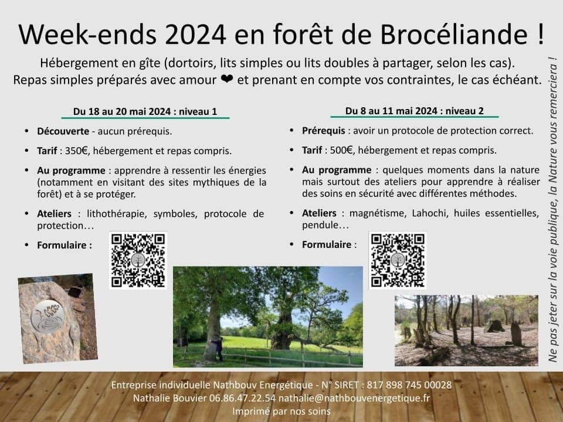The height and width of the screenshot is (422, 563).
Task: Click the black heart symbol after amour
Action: click(x=227, y=79)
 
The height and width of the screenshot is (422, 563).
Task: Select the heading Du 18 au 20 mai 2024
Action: click(x=122, y=111)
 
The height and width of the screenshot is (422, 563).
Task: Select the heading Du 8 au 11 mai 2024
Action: click(x=391, y=111)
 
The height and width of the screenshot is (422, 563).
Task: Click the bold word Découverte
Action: click(x=63, y=131)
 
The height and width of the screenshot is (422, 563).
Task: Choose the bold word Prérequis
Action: click(x=324, y=131)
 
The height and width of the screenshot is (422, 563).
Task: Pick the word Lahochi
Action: click(x=428, y=213)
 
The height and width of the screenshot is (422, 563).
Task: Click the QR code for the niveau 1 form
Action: click(x=138, y=260)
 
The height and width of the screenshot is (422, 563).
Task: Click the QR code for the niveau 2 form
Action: click(x=398, y=260)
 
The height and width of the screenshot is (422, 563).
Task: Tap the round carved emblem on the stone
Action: click(x=48, y=316)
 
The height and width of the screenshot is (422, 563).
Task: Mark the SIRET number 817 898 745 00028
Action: click(x=409, y=385)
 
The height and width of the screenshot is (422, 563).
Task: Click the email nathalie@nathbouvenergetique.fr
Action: click(x=354, y=398)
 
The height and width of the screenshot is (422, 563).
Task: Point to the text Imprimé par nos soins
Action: click(x=281, y=411)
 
